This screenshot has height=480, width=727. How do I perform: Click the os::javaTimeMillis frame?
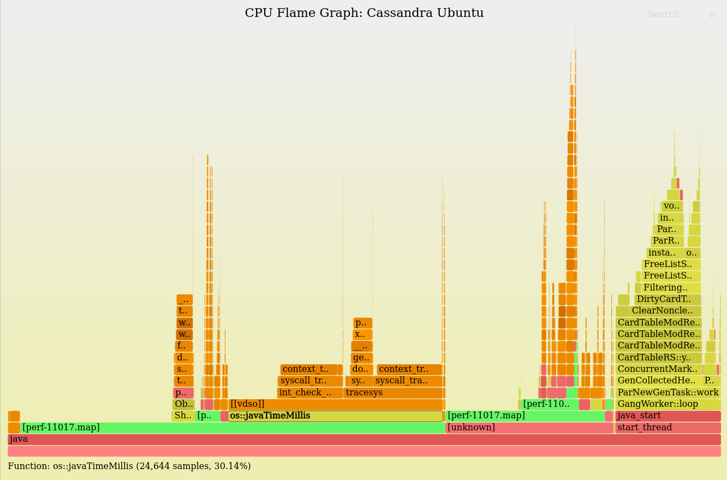point(335,416)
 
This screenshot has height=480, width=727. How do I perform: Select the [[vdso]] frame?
point(335,404)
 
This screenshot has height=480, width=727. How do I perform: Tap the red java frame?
point(364,439)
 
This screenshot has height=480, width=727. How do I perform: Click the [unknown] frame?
point(529,428)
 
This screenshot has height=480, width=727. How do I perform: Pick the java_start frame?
point(668,416)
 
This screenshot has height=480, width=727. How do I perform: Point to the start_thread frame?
point(668,428)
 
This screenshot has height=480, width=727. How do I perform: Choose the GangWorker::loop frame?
point(668,404)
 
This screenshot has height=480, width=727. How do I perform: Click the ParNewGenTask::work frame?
point(668,393)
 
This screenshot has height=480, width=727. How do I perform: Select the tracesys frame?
point(393,393)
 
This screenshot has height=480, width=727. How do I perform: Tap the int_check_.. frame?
point(310,393)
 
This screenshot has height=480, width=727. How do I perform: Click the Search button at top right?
point(663,14)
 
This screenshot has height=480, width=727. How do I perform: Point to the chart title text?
point(364,13)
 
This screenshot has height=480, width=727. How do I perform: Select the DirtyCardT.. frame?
point(667,299)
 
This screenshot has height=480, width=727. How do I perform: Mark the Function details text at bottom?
point(129,466)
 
